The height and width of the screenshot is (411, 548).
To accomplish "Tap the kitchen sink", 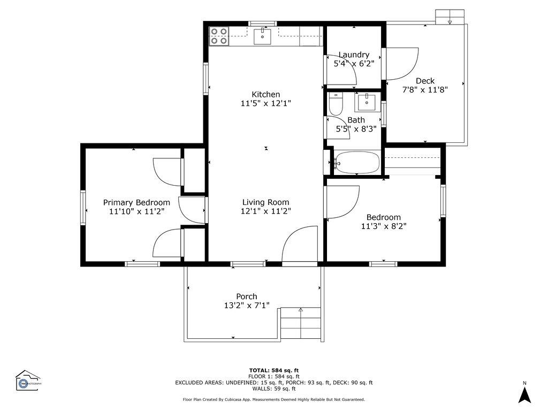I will pyautogui.click(x=263, y=36).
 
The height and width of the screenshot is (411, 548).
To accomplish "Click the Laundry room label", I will pyautogui.click(x=354, y=55).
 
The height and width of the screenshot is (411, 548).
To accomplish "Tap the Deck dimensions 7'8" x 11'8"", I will pyautogui.click(x=425, y=90).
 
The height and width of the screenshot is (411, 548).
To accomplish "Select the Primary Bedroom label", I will pyautogui.click(x=136, y=202).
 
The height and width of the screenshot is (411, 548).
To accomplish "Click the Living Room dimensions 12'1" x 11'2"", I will pyautogui.click(x=266, y=211).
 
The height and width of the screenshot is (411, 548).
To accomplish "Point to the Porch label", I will pyautogui.click(x=247, y=296).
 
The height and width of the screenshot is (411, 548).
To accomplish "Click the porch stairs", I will pyautogui.click(x=300, y=324).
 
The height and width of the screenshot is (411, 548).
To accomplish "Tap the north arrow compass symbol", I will pyautogui.click(x=524, y=394).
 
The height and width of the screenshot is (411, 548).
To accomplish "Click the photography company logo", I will pyautogui.click(x=28, y=380).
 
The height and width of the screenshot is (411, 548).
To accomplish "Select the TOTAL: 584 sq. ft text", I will pyautogui.click(x=273, y=370).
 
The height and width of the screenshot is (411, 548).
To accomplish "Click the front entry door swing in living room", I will pyautogui.click(x=300, y=246).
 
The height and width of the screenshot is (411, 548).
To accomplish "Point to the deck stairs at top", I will pyautogui.click(x=450, y=17).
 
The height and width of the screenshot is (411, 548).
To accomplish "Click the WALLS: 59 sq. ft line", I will pyautogui.click(x=273, y=389).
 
